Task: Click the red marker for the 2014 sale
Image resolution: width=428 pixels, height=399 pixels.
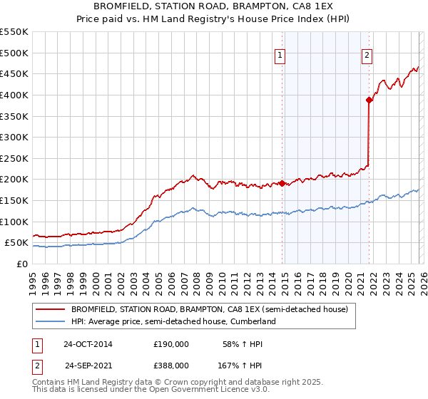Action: (282, 183)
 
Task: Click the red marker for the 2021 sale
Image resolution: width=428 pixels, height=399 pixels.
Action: (369, 100)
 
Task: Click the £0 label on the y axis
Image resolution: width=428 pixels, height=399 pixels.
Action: (23, 264)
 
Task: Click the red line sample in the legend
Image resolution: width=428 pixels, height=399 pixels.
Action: (51, 310)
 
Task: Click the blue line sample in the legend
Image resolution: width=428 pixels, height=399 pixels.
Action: (51, 322)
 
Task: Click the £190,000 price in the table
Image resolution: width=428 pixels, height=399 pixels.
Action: (171, 344)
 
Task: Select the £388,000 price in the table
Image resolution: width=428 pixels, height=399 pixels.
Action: (171, 365)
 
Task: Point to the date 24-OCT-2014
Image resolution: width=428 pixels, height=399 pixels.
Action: (88, 344)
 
